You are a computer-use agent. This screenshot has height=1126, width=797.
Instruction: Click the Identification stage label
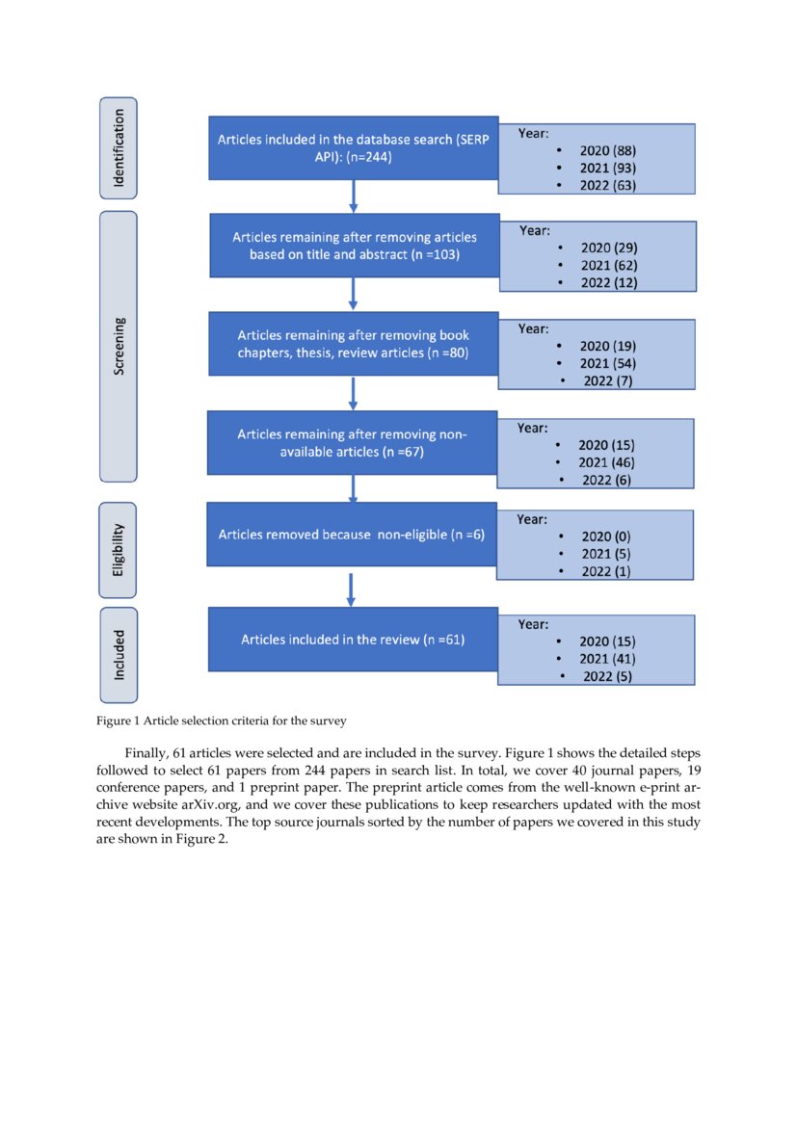(x=119, y=146)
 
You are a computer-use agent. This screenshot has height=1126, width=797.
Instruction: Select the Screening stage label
(x=119, y=346)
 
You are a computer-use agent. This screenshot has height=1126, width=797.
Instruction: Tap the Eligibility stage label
(x=119, y=550)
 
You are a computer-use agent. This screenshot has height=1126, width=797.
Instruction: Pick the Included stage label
(x=119, y=655)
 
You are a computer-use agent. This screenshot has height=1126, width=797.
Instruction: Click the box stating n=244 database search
(x=353, y=147)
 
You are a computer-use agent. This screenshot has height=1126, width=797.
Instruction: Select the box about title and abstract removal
(x=354, y=246)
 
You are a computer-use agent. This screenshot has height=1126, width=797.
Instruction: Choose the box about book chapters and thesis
(x=353, y=344)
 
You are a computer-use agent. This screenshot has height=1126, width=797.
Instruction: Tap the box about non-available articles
(x=352, y=443)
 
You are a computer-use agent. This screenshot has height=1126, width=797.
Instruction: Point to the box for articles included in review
(x=353, y=640)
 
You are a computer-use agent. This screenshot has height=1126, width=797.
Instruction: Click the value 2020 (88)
(x=607, y=151)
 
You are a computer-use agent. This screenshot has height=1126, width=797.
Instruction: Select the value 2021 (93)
(x=607, y=169)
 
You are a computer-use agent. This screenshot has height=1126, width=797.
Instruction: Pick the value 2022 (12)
(x=607, y=282)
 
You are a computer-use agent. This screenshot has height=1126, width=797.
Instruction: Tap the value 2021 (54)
(x=607, y=363)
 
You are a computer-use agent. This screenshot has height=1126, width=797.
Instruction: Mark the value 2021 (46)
(x=605, y=462)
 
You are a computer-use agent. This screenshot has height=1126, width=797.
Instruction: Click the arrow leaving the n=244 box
(x=353, y=196)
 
